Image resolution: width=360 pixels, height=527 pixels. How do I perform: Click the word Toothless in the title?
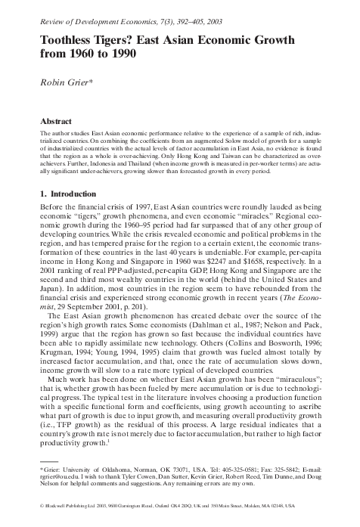67,43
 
